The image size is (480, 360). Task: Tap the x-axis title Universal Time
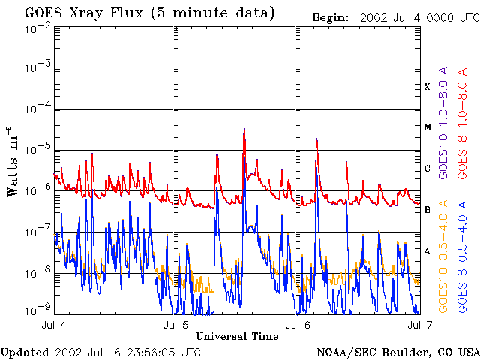pos(237,335)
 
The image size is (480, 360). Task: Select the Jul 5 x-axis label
pos(176,325)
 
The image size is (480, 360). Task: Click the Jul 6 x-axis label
pos(298,325)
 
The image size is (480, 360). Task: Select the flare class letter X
pos(427,87)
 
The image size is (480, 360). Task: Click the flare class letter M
pos(427,127)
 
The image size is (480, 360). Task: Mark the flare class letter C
pos(427,169)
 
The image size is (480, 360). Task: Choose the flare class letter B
pos(427,210)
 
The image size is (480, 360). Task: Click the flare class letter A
pos(427,251)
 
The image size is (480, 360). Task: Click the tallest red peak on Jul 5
pos(244,130)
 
